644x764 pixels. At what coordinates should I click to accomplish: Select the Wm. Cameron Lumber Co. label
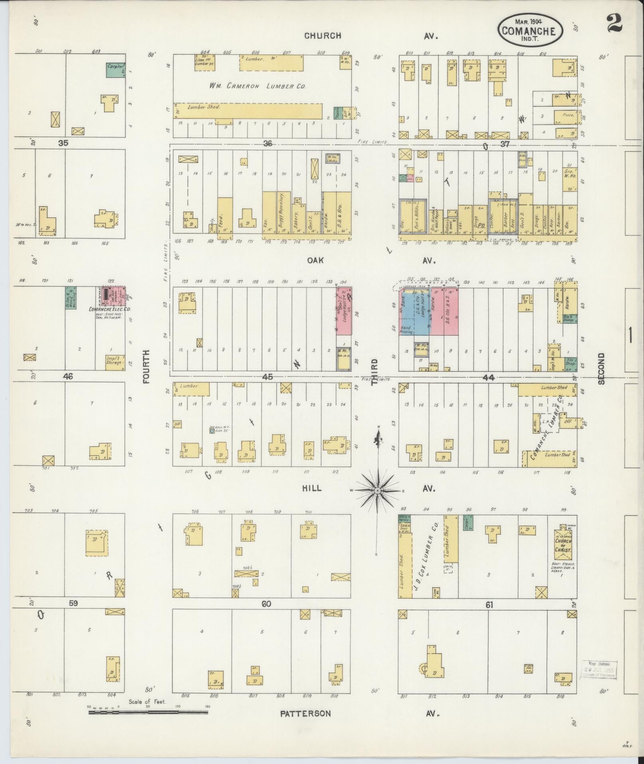pyautogui.click(x=258, y=86)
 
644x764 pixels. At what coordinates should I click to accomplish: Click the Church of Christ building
pyautogui.click(x=563, y=546)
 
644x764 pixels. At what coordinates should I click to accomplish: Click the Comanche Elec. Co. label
pyautogui.click(x=110, y=309)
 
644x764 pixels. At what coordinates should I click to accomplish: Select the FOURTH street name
pyautogui.click(x=146, y=367)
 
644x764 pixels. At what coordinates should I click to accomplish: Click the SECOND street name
pyautogui.click(x=601, y=368)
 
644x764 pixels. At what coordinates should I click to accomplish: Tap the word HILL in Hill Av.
pyautogui.click(x=311, y=488)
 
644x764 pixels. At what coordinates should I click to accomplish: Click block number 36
pyautogui.click(x=268, y=143)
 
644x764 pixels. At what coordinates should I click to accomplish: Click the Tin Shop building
pyautogui.click(x=571, y=362)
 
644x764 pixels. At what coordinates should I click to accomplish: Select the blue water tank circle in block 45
pyautogui.click(x=212, y=431)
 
